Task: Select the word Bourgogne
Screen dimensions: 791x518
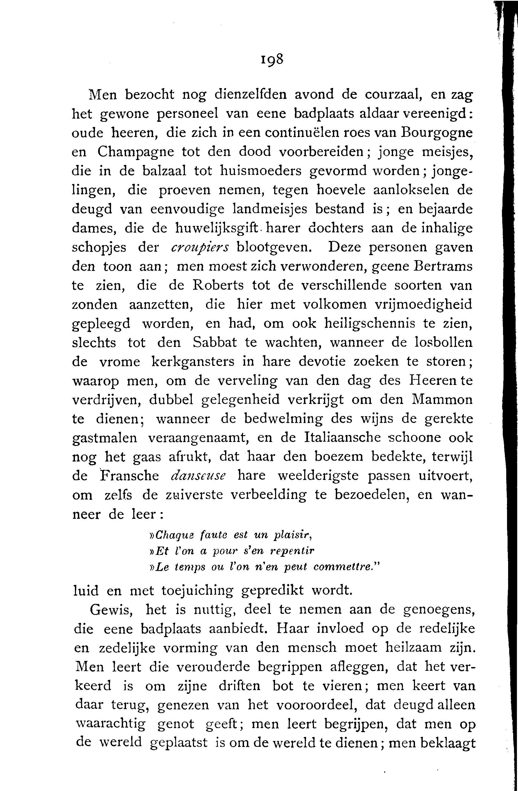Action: (437, 133)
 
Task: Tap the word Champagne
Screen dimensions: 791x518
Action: (136, 152)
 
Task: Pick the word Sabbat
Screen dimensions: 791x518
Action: (215, 343)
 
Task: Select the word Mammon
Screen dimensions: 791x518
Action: (442, 399)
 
